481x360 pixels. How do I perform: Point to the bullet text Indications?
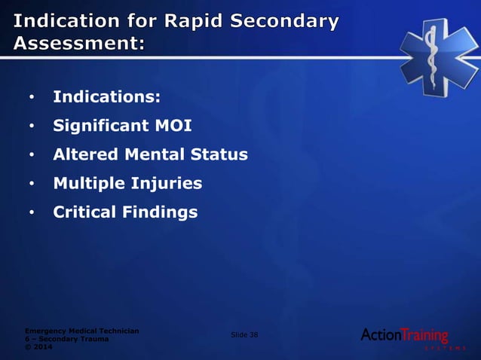coord(106,97)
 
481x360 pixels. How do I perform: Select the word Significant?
coord(99,126)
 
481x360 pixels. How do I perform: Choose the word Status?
coord(219,154)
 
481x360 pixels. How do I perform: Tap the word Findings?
coord(160,212)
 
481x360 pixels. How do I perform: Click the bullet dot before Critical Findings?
coord(32,213)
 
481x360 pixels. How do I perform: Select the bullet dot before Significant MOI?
coord(32,127)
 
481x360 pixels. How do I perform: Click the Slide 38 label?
coord(243,335)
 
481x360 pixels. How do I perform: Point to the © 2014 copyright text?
coord(40,347)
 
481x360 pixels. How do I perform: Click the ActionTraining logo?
coord(405,336)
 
